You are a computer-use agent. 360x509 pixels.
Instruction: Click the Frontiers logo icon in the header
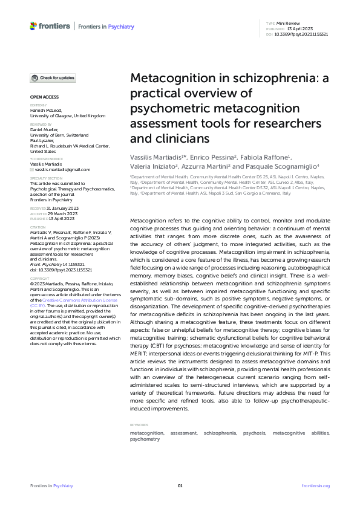tap(33, 26)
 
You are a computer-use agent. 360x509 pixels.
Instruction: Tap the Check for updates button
tap(53, 78)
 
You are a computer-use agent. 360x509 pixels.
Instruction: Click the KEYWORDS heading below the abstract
tap(139, 425)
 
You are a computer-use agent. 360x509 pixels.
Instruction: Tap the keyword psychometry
tap(145, 439)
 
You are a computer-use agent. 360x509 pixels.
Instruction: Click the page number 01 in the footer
tap(180, 485)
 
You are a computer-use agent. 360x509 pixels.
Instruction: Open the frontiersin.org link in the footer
tap(315, 485)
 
